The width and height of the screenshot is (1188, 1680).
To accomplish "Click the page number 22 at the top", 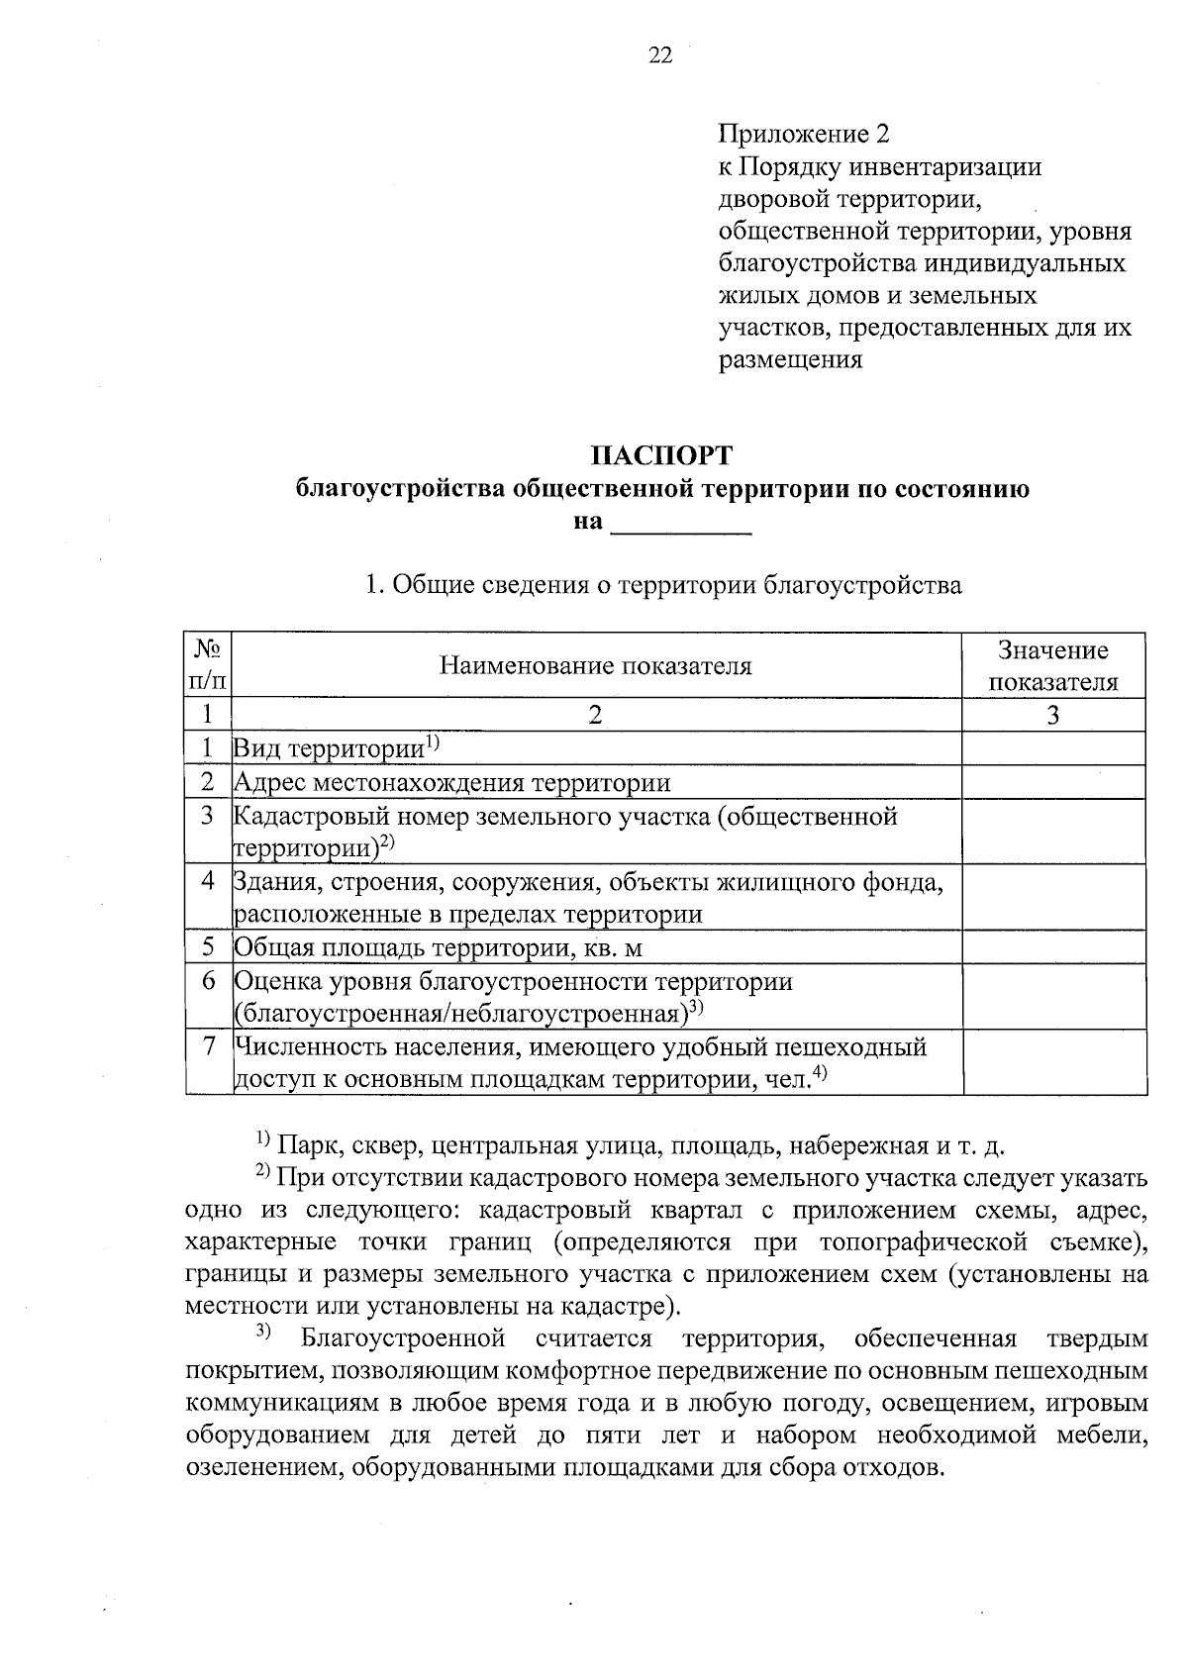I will pyautogui.click(x=660, y=56).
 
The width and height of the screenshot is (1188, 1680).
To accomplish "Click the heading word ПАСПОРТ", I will pyautogui.click(x=661, y=455).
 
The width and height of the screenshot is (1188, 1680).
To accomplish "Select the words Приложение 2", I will pyautogui.click(x=804, y=134).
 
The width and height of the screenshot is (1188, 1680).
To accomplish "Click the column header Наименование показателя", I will pyautogui.click(x=595, y=666).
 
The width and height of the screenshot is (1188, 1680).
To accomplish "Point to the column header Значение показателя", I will pyautogui.click(x=1053, y=666).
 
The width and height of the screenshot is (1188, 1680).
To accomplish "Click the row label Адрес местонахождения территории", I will pyautogui.click(x=452, y=783).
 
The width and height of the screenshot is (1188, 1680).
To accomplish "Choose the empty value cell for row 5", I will pyautogui.click(x=1053, y=948).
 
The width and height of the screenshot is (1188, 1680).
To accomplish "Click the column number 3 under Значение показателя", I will pyautogui.click(x=1053, y=715).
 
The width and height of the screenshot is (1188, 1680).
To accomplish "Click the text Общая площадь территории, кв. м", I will pyautogui.click(x=439, y=948).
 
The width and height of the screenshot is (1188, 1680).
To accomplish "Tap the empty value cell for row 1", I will pyautogui.click(x=1053, y=749).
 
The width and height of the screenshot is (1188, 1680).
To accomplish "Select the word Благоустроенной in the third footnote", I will pyautogui.click(x=403, y=1339).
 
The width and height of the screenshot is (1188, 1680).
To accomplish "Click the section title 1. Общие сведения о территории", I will pyautogui.click(x=662, y=585).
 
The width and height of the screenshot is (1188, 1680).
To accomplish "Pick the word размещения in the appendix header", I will pyautogui.click(x=789, y=359).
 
